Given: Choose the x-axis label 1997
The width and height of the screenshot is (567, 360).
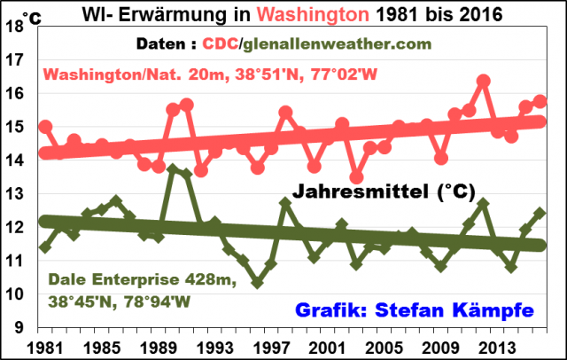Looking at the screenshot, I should click(x=272, y=346).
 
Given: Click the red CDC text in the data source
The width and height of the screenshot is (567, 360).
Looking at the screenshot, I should click(x=221, y=44).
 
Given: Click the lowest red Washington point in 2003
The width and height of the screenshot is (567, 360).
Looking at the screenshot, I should click(x=356, y=177).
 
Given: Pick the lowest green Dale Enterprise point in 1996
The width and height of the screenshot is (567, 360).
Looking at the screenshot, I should click(x=257, y=283).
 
